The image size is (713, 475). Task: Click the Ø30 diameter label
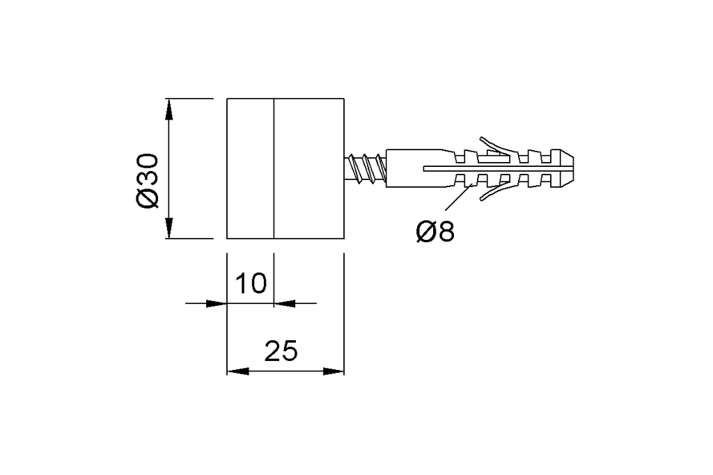point(148,182)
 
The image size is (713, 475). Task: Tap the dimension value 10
point(251,283)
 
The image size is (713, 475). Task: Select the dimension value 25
point(281,351)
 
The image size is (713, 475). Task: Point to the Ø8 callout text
point(435,232)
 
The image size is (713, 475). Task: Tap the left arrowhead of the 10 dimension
point(216,303)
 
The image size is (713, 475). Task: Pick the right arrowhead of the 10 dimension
point(285,303)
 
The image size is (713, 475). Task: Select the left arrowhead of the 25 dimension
point(238,371)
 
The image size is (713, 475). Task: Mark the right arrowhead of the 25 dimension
point(334,371)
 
